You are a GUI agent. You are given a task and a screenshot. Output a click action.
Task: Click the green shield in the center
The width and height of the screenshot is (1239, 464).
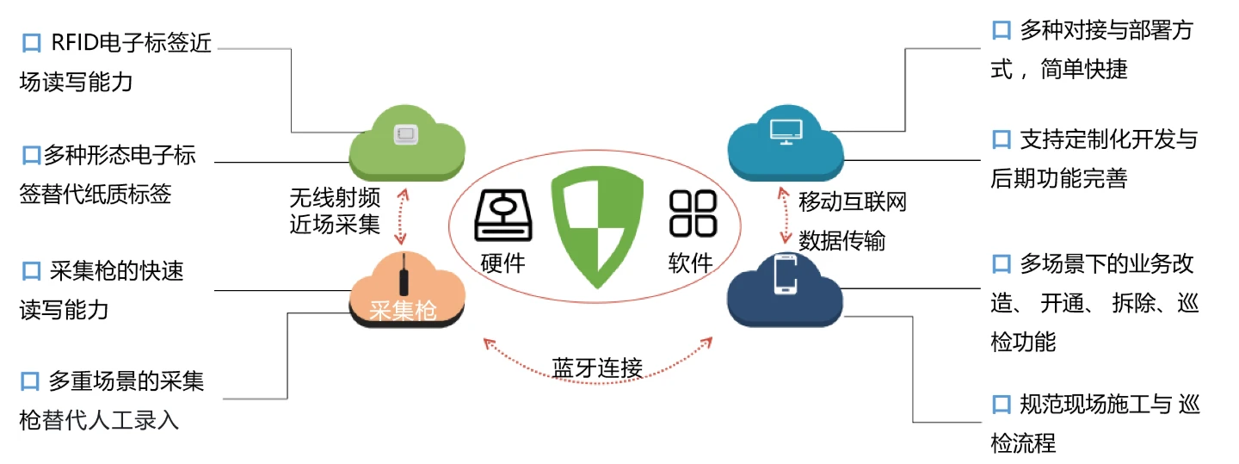click(597, 227)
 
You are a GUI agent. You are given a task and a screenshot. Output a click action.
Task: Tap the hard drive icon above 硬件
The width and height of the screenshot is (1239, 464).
click(503, 215)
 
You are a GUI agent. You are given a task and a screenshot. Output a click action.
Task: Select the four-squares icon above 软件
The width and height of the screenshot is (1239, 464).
click(693, 213)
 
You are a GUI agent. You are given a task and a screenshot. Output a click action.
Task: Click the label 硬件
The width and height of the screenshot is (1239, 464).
click(502, 263)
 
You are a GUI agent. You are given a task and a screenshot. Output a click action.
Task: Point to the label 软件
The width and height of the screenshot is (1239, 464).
click(691, 263)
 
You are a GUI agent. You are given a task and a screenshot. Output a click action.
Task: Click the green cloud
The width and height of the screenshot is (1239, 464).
click(406, 143)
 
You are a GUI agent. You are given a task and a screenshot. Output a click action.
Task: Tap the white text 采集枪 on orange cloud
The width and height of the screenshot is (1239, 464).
click(404, 311)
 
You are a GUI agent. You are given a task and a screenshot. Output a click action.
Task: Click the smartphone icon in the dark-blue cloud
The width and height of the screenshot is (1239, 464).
click(786, 274)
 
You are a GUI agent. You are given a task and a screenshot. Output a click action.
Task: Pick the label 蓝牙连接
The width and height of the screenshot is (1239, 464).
click(597, 368)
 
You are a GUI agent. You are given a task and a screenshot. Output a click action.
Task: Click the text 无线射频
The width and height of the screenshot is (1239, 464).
click(336, 198)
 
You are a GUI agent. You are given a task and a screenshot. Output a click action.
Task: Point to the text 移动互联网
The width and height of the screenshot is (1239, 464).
click(853, 202)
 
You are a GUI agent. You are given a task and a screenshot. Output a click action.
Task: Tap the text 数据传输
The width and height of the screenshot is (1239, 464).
click(841, 241)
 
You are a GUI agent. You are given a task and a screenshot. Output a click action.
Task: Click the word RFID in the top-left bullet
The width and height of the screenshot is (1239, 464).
click(75, 43)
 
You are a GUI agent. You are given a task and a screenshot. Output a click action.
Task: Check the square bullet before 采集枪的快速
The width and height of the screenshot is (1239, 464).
click(31, 271)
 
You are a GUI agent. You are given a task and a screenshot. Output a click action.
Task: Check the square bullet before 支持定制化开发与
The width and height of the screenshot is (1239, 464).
click(1002, 139)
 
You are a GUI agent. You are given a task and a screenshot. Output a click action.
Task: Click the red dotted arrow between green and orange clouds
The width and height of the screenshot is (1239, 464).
click(402, 216)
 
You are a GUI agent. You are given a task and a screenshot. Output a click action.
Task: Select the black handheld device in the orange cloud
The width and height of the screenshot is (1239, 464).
click(404, 275)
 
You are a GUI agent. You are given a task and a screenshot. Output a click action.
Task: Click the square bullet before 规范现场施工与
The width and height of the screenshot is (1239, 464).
click(1002, 405)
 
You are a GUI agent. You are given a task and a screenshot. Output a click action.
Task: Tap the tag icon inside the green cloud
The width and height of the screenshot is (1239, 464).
click(406, 134)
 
